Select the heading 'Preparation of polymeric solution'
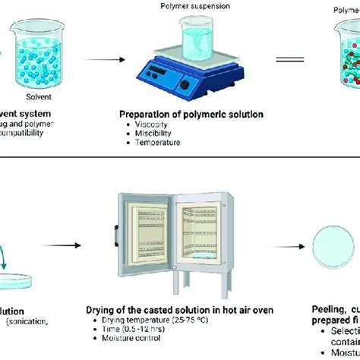tap(191, 114)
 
